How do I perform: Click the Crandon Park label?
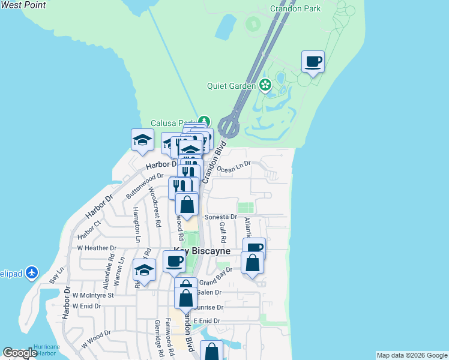[x=295, y=8]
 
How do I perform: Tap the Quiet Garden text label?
[x=232, y=86]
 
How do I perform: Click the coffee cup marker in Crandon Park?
[x=313, y=61]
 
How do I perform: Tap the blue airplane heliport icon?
[x=32, y=274]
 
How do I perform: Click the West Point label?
[x=23, y=5]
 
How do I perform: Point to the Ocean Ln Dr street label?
[x=234, y=169]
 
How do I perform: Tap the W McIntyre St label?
[x=93, y=295]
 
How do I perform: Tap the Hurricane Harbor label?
[x=46, y=350]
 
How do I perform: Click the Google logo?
[x=20, y=353]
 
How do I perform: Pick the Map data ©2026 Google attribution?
[x=412, y=355]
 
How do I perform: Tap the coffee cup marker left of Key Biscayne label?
[x=174, y=261]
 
